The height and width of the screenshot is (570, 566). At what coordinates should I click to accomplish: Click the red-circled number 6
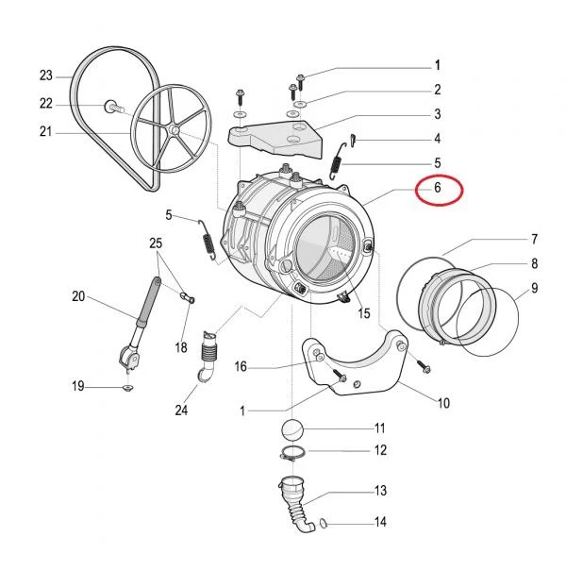point(438,188)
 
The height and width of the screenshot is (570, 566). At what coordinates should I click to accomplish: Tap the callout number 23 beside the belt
point(46,75)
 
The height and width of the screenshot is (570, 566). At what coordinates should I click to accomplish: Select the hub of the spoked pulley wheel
point(175,130)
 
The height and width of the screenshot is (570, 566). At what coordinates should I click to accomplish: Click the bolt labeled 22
point(114,108)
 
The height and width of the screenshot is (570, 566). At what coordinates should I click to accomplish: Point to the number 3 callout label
point(438,114)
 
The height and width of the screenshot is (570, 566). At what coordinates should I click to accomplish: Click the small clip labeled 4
point(353,140)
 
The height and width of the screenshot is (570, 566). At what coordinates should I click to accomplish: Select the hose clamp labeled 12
point(291,454)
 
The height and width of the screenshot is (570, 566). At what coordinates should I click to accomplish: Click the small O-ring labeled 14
point(324,524)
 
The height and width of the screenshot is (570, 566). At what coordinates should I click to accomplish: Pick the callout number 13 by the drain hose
point(380,491)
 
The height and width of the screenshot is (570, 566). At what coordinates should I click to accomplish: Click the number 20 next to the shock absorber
point(78,296)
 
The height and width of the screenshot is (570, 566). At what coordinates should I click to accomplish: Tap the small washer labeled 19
point(127,388)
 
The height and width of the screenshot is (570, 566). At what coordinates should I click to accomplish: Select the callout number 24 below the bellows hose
point(181,411)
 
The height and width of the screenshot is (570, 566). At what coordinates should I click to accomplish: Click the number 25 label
point(156,243)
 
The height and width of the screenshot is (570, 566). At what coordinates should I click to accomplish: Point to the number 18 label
point(181,348)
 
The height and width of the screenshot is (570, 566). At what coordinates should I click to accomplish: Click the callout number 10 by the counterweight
point(443,403)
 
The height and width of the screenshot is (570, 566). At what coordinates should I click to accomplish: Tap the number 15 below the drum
point(363,313)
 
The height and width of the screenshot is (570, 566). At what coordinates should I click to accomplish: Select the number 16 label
point(241,367)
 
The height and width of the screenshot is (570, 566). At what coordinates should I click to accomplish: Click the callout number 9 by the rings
point(534,288)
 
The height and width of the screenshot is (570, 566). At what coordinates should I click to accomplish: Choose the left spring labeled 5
point(208,241)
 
